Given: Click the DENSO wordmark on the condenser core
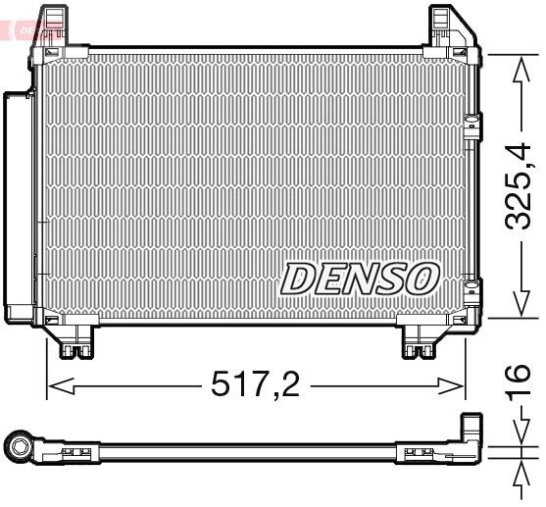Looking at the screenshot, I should click(359, 278).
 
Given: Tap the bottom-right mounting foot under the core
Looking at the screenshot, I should click(422, 340).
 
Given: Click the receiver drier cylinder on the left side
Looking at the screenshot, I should click(17, 206).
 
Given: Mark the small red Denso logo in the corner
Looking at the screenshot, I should click(17, 29).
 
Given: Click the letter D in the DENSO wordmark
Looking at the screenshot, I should click(297, 279).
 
